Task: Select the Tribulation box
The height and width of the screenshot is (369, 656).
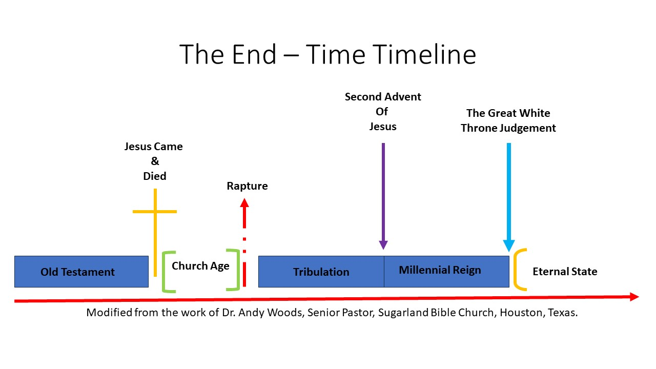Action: [x=321, y=272]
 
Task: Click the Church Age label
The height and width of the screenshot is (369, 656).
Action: [x=200, y=265]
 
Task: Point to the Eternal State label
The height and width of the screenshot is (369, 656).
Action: [x=565, y=272]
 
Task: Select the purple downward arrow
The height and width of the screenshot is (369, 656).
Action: [x=383, y=195]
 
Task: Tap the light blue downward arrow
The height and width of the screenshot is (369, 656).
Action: [x=508, y=195]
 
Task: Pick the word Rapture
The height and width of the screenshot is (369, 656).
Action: [x=247, y=186]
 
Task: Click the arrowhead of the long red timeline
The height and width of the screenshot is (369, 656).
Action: [x=634, y=297]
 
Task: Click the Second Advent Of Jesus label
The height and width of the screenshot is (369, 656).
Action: [x=383, y=111]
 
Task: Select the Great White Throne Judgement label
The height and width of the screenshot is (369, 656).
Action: [x=508, y=120]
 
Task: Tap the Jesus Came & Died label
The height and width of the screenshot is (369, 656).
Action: [x=154, y=161]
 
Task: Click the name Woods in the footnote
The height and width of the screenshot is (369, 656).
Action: [x=285, y=313]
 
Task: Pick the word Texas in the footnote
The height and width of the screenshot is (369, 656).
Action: [x=563, y=313]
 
